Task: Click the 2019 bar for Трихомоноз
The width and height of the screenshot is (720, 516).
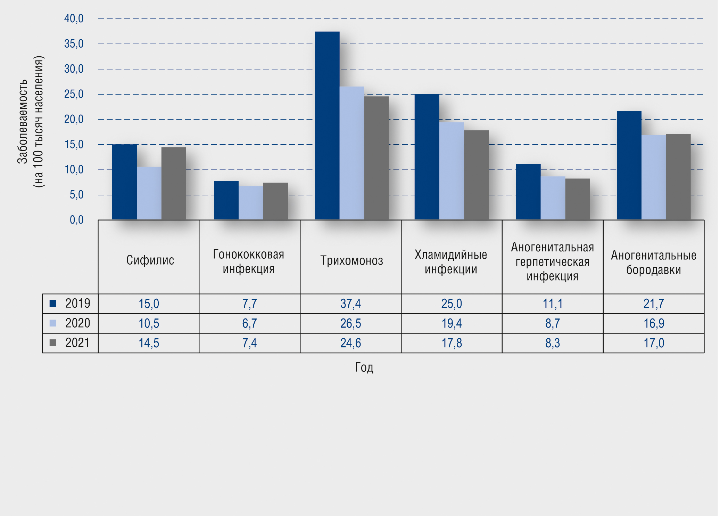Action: tap(327, 125)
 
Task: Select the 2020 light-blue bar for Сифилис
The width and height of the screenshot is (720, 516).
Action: tap(149, 193)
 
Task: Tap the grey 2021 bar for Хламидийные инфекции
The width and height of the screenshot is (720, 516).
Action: tap(476, 175)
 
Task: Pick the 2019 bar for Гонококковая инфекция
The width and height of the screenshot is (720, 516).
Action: tap(226, 200)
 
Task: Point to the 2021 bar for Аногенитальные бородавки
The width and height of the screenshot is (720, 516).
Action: tap(678, 177)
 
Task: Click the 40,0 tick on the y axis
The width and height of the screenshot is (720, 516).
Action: tap(74, 18)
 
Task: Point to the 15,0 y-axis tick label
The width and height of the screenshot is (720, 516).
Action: tap(74, 144)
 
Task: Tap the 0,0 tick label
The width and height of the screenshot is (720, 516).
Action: tap(76, 220)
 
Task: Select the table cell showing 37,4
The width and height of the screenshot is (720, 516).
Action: tap(350, 304)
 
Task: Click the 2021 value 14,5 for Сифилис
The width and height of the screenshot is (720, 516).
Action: tap(149, 343)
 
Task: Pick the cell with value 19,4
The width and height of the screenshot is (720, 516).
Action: tap(452, 323)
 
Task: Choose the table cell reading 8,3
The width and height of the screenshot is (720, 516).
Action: tap(553, 343)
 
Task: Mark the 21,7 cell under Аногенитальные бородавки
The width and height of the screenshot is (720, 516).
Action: tap(653, 304)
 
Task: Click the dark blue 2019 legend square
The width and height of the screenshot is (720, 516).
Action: tap(53, 304)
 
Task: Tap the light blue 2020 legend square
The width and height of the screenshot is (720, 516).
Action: tap(53, 323)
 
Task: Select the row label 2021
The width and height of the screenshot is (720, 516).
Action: tap(77, 343)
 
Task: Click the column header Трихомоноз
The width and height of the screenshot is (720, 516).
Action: tap(351, 260)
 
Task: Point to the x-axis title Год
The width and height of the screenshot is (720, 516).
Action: tap(364, 367)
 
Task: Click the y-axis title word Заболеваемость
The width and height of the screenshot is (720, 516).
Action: tap(22, 122)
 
